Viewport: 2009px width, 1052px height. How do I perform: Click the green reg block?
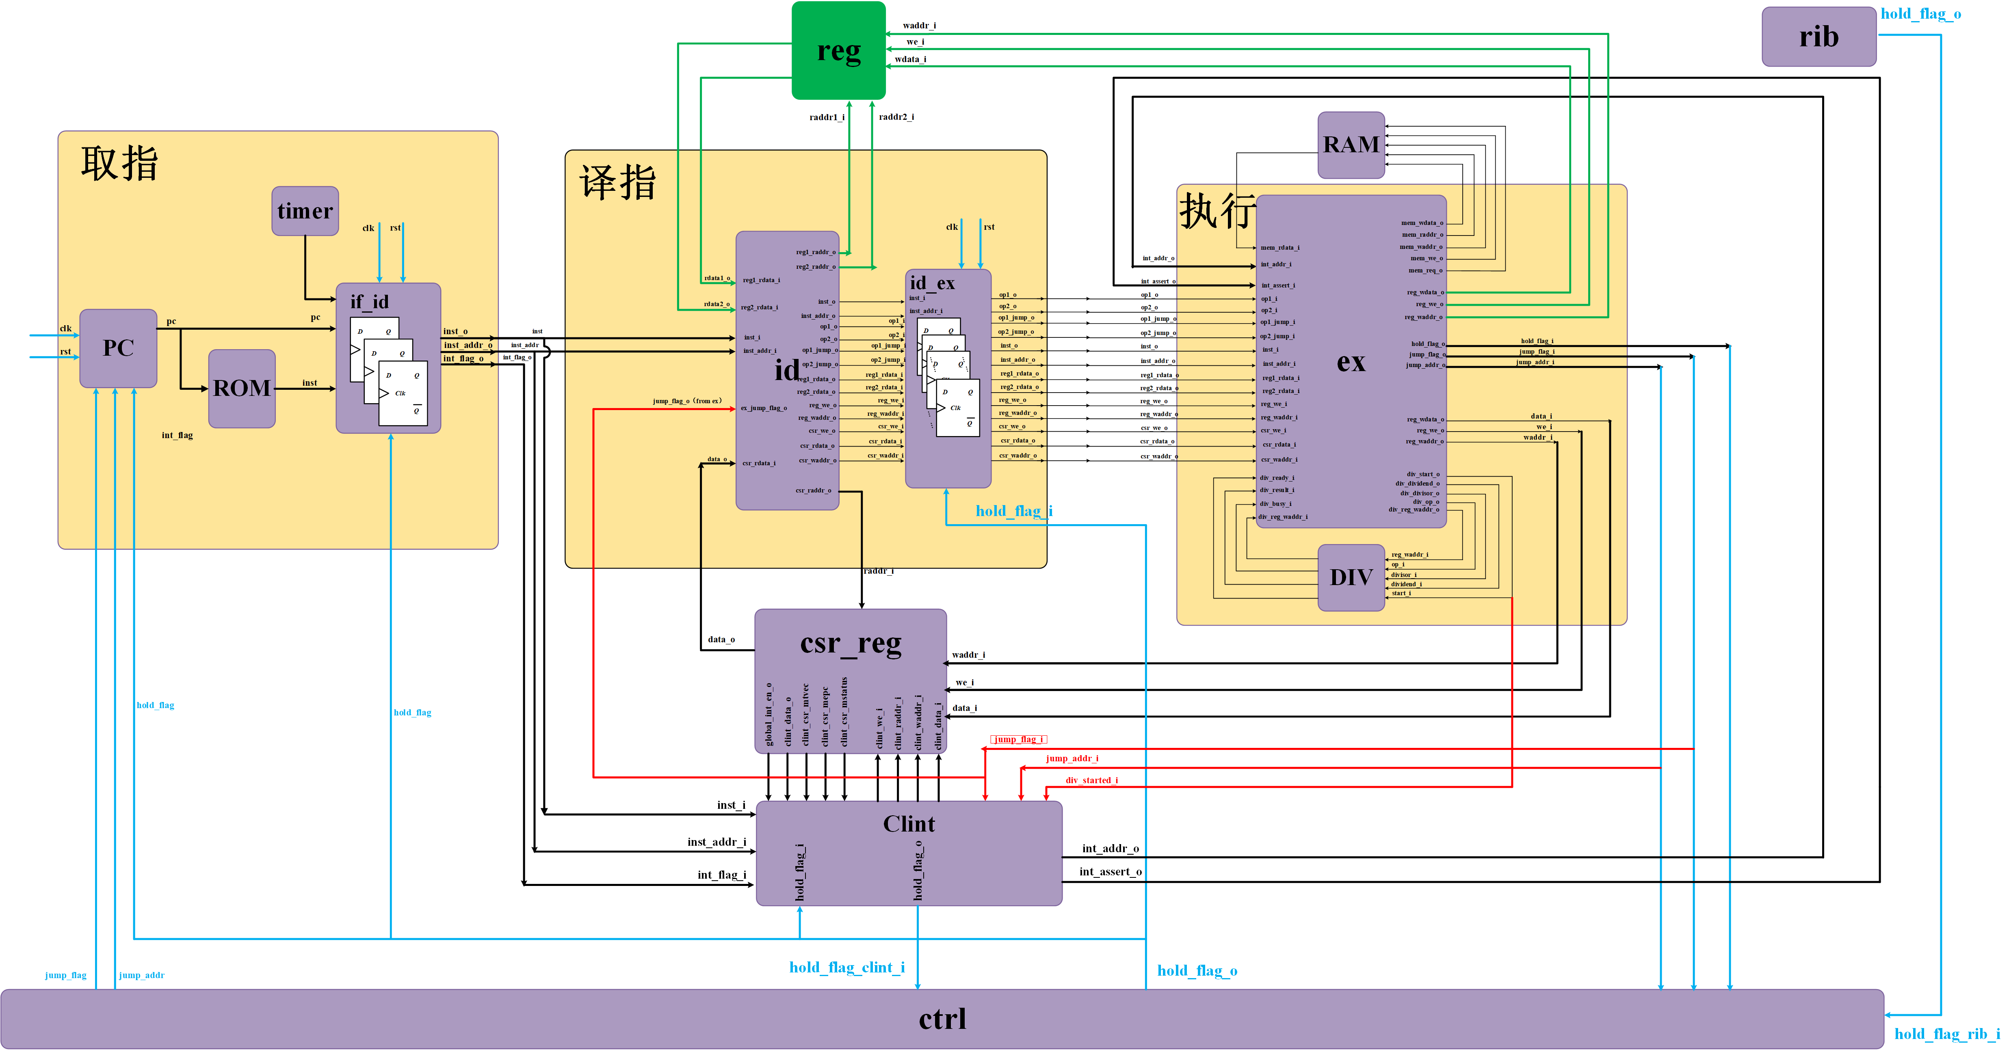click(x=838, y=51)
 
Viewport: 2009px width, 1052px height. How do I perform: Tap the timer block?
click(x=305, y=211)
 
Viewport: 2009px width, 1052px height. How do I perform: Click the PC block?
click(x=119, y=348)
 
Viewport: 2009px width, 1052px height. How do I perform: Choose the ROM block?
click(x=242, y=388)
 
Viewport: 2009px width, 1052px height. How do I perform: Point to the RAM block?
click(x=1351, y=145)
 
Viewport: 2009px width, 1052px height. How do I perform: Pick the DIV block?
click(x=1351, y=577)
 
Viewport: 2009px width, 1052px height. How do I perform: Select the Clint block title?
click(x=909, y=823)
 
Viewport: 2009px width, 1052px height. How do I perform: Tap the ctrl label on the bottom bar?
click(x=942, y=1018)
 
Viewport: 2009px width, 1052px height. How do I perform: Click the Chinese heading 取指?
click(x=119, y=164)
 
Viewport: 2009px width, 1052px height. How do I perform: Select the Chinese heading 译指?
click(x=618, y=182)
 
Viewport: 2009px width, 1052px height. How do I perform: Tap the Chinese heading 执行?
click(x=1217, y=211)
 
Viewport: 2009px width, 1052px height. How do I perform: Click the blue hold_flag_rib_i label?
click(x=1946, y=1034)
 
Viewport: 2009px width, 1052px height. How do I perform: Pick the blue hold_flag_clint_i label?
click(x=847, y=968)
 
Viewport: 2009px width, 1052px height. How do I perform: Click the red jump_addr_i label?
click(x=1072, y=758)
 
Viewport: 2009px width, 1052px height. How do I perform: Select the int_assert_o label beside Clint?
click(x=1110, y=872)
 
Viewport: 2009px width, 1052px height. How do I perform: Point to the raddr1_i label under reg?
click(x=827, y=117)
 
